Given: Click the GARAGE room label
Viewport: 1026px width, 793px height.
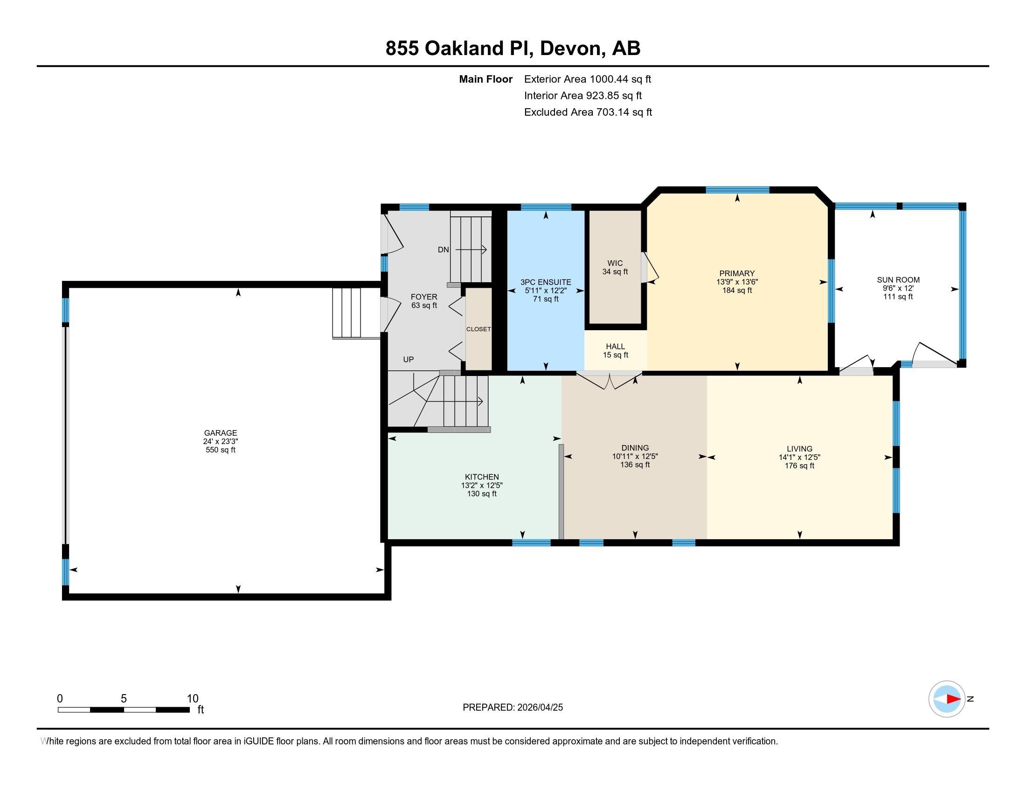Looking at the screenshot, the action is [220, 433].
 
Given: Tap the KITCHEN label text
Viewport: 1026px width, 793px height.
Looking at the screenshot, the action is [482, 477].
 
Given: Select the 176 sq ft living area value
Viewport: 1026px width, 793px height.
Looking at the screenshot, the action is [799, 466].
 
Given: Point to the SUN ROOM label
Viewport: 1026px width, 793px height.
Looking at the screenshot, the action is [898, 280].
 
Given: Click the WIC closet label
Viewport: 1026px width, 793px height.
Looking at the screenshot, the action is [615, 263].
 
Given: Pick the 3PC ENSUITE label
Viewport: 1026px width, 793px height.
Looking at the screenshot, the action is [546, 282].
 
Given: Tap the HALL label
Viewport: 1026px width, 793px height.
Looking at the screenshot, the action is [616, 347].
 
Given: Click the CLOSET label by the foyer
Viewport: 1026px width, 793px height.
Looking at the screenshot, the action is [478, 329].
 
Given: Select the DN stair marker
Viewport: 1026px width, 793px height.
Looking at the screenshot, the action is [443, 250].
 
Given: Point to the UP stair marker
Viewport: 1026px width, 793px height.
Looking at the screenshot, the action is [408, 359].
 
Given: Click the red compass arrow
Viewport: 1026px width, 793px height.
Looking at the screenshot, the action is [953, 699].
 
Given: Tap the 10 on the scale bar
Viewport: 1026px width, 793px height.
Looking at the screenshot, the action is [193, 699].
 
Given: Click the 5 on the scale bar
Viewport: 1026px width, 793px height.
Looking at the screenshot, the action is [124, 699].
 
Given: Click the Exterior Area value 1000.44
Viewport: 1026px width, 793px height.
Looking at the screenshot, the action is [609, 79].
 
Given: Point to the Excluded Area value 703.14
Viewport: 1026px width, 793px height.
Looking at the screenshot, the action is [613, 112].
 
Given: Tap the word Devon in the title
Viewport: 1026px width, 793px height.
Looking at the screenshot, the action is [570, 48].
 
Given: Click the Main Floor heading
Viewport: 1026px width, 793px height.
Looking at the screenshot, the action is [486, 79].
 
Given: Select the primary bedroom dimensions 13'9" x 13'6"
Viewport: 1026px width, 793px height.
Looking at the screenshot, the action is [736, 282].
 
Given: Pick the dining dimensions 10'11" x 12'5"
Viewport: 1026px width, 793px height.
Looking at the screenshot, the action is [635, 456].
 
